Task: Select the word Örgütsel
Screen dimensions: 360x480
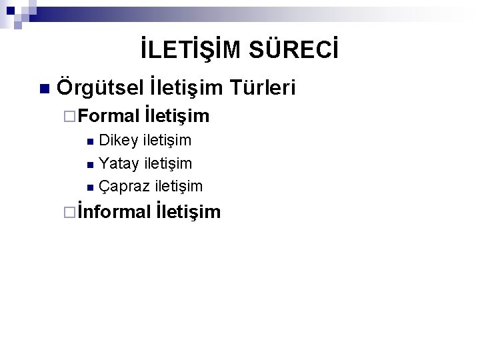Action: click(100, 87)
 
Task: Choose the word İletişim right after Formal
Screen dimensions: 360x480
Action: click(177, 117)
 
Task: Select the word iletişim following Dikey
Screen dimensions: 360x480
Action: click(167, 140)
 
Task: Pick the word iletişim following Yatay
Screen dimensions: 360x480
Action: click(168, 163)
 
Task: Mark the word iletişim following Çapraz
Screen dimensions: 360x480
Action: click(178, 185)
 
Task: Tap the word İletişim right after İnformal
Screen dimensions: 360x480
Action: click(188, 212)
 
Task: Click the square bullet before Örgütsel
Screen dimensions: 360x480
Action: click(44, 89)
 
